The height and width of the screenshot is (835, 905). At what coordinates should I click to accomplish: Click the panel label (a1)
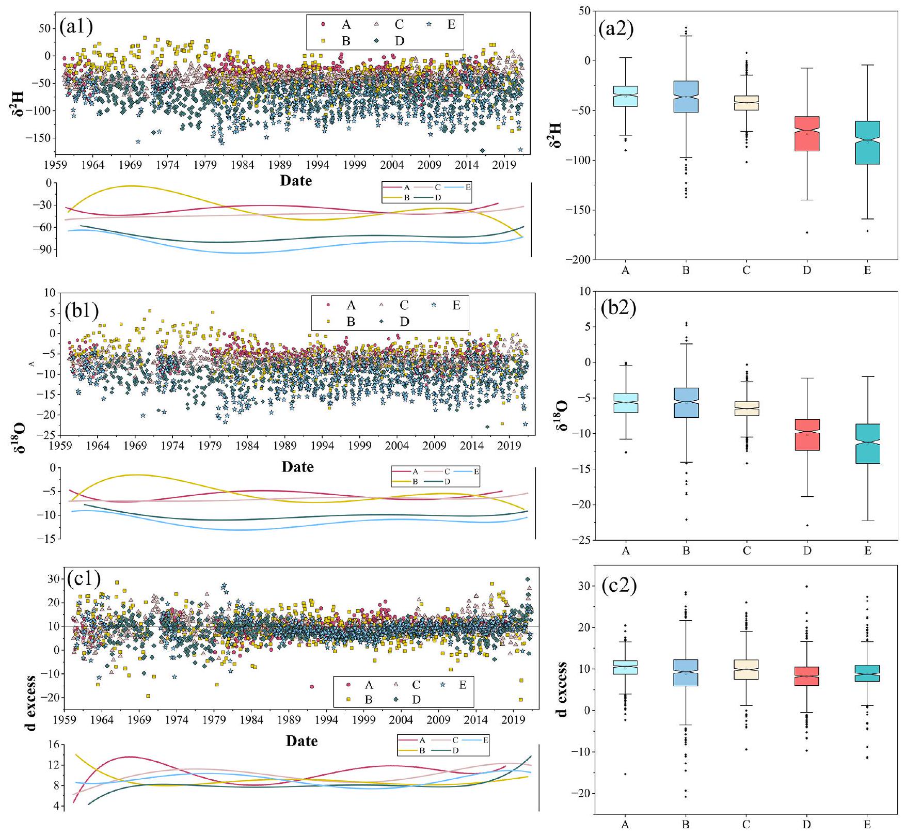click(x=76, y=26)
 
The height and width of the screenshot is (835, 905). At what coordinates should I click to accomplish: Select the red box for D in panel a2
click(x=806, y=134)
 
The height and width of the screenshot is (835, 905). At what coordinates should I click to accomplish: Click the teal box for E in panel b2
click(x=867, y=444)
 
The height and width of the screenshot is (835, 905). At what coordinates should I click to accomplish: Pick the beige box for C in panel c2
click(x=746, y=669)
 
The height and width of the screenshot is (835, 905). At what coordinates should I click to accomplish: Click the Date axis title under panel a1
click(x=296, y=181)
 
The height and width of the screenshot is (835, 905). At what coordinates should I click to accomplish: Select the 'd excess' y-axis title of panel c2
click(x=562, y=689)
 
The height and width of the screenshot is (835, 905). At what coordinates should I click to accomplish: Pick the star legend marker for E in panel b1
click(x=434, y=305)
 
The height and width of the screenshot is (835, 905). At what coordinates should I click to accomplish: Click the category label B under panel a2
click(x=686, y=271)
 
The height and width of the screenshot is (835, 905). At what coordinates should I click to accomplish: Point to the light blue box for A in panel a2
click(x=625, y=97)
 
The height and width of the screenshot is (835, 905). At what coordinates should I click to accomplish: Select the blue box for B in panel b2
click(x=686, y=403)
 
